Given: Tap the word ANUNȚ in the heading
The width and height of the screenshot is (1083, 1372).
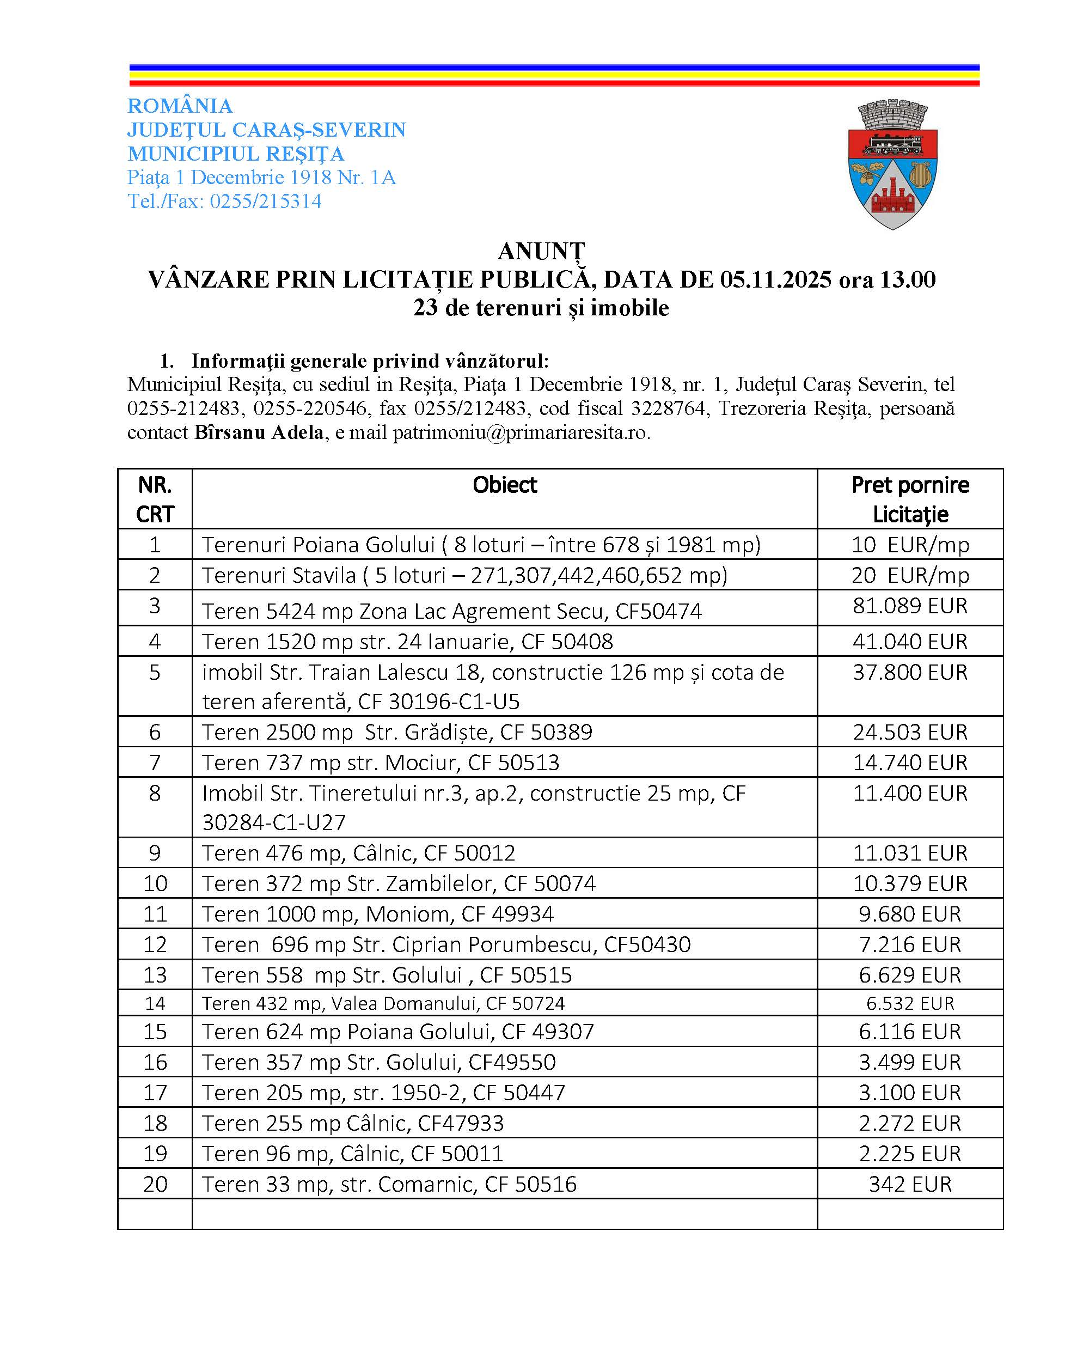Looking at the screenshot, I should pos(541,251).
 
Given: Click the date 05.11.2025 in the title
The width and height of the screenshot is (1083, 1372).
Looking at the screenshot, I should pos(775,280).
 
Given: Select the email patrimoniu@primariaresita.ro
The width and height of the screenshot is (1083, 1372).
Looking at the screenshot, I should pos(521,432).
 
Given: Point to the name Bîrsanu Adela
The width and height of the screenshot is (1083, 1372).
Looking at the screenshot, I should pos(259,432).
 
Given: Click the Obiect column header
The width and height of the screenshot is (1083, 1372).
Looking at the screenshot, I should pos(504,485).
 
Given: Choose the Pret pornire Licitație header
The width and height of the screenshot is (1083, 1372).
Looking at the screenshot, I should pos(910,499).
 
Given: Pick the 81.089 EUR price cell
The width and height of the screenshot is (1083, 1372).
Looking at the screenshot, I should pos(910,606).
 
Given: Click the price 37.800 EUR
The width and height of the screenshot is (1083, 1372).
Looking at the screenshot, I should pos(910,672).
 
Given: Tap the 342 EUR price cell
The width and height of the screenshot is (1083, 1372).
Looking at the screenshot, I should pos(910,1184).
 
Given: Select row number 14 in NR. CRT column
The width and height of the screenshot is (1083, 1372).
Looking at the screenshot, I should pos(155,1003).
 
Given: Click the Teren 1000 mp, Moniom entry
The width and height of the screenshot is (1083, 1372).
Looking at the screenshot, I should pos(378,914).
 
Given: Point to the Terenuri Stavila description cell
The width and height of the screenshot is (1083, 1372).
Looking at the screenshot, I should pos(465,575).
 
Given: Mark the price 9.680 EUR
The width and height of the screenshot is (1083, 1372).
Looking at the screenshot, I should pos(910,914).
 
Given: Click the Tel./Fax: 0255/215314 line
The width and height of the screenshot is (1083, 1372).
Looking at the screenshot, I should pos(224,201).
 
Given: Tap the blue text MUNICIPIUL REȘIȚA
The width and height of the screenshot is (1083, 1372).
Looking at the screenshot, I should pos(235,154).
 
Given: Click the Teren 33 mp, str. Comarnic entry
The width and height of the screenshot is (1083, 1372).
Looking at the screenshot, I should pos(389,1184).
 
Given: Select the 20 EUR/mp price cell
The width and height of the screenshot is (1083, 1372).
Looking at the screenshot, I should pos(910,575).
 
